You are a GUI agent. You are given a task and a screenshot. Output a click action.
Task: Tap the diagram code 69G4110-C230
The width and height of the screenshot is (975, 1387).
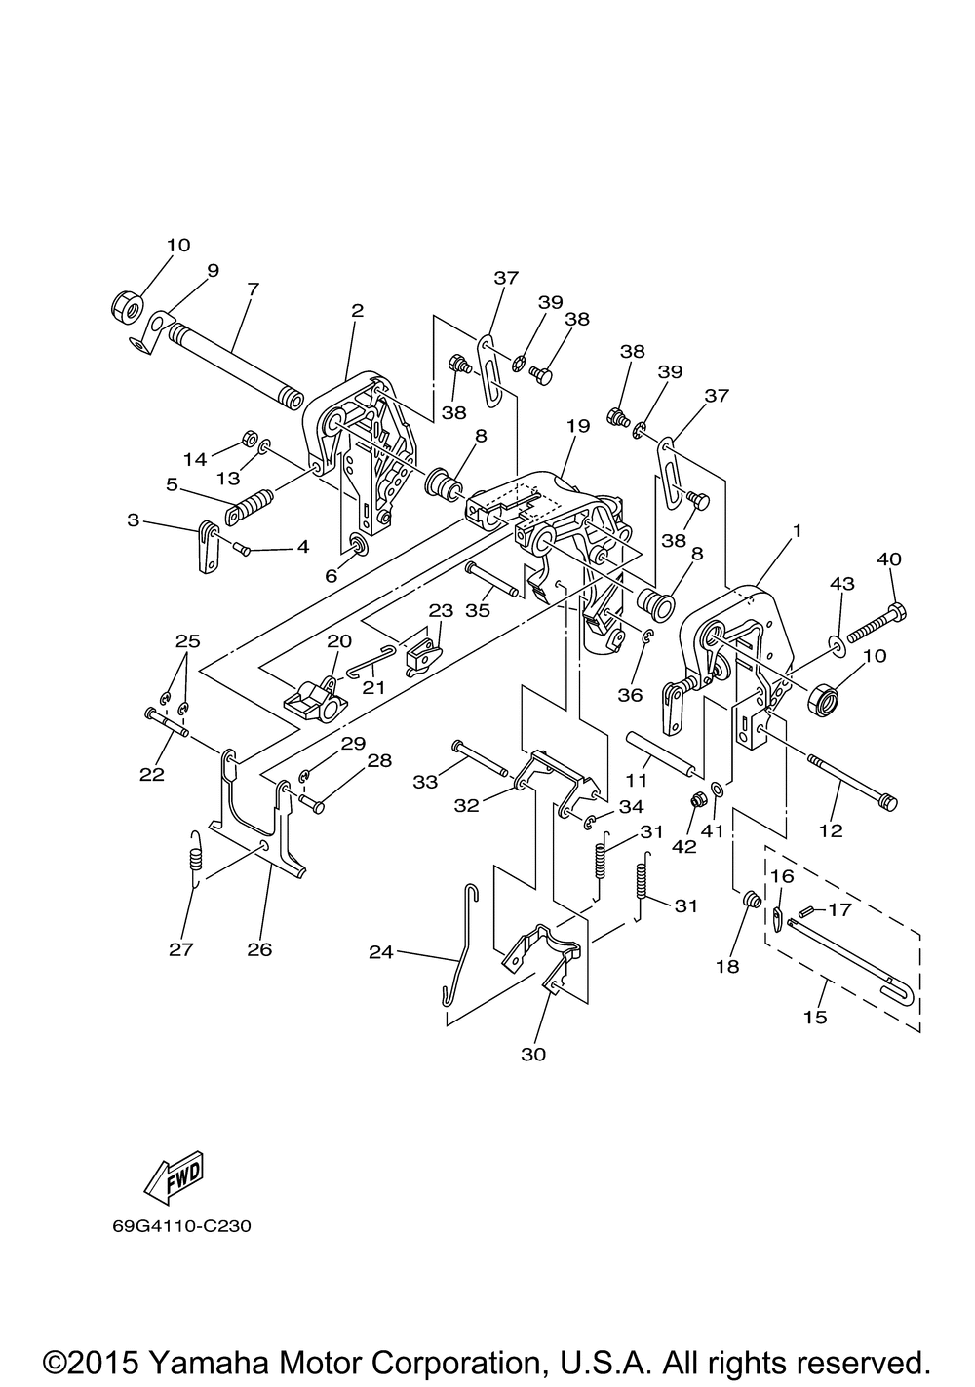pos(182,1226)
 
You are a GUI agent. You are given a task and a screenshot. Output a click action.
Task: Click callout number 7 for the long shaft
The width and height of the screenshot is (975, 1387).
pos(253,289)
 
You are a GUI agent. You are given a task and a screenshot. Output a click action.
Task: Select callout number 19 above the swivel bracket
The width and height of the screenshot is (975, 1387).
pos(577,426)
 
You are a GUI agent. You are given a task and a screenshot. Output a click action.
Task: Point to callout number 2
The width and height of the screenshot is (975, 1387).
pos(358,310)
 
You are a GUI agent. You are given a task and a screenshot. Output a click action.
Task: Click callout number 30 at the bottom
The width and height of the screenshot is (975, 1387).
pos(532,1054)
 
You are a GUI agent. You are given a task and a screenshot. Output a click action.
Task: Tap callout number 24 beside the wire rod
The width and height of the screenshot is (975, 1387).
pos(381,951)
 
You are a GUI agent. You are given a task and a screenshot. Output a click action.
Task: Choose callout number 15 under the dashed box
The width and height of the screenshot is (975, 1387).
pos(815,1017)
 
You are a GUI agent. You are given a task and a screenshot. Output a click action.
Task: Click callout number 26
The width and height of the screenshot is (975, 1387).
pos(259,949)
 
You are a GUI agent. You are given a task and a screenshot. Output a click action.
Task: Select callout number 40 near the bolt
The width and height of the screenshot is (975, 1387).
pos(889,559)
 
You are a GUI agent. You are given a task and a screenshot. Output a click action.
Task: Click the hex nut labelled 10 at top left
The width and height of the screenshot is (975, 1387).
pos(127,305)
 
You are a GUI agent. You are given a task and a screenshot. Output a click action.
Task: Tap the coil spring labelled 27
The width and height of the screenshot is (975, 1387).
pos(196,860)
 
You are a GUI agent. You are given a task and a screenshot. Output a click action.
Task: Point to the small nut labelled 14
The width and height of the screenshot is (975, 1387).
pos(248,437)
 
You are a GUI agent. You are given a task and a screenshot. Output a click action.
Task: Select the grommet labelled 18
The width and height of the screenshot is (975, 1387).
pos(751,899)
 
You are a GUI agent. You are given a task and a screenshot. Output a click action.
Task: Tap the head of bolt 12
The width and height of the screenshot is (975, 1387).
pos(887,802)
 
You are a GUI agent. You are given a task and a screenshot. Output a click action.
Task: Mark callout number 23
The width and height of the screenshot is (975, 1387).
pos(441,610)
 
